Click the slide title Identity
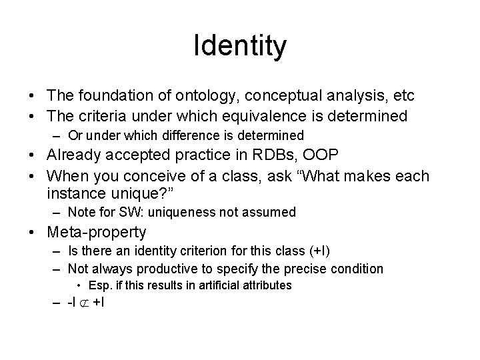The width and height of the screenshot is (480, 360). tap(240, 46)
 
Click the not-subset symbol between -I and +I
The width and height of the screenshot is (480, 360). tap(85, 304)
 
